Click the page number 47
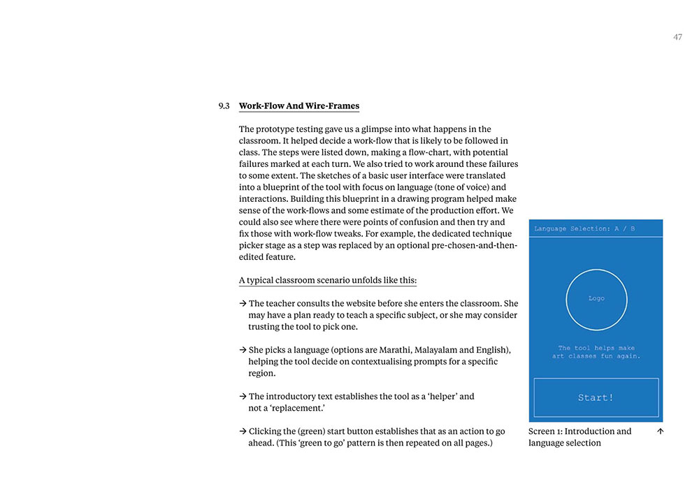tap(677, 37)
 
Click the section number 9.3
tap(224, 106)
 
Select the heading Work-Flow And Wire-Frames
tap(299, 106)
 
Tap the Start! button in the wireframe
tap(596, 397)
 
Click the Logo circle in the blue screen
tap(596, 299)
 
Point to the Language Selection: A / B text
tap(584, 228)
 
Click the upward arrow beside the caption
tap(661, 431)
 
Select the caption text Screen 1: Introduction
tap(579, 431)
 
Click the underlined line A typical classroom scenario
tap(328, 280)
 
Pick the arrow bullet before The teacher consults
tap(243, 303)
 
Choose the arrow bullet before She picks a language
tap(243, 349)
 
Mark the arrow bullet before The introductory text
tap(243, 396)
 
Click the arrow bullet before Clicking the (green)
tap(243, 431)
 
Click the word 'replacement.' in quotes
tap(290, 408)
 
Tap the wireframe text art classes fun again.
tap(596, 356)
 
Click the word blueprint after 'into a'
tap(282, 187)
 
